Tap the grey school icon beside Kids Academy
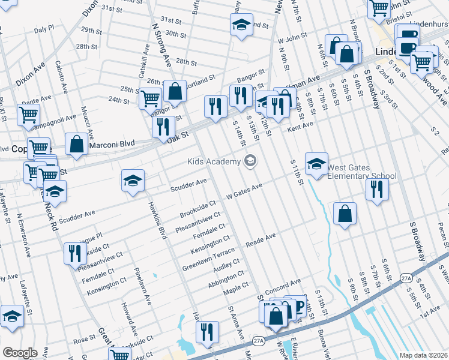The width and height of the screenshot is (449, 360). pyautogui.click(x=250, y=160)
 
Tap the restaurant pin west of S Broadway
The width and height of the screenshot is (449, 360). pyautogui.click(x=377, y=189)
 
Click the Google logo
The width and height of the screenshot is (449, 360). pyautogui.click(x=19, y=353)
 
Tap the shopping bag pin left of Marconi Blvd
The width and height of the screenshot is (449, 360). pyautogui.click(x=76, y=145)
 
